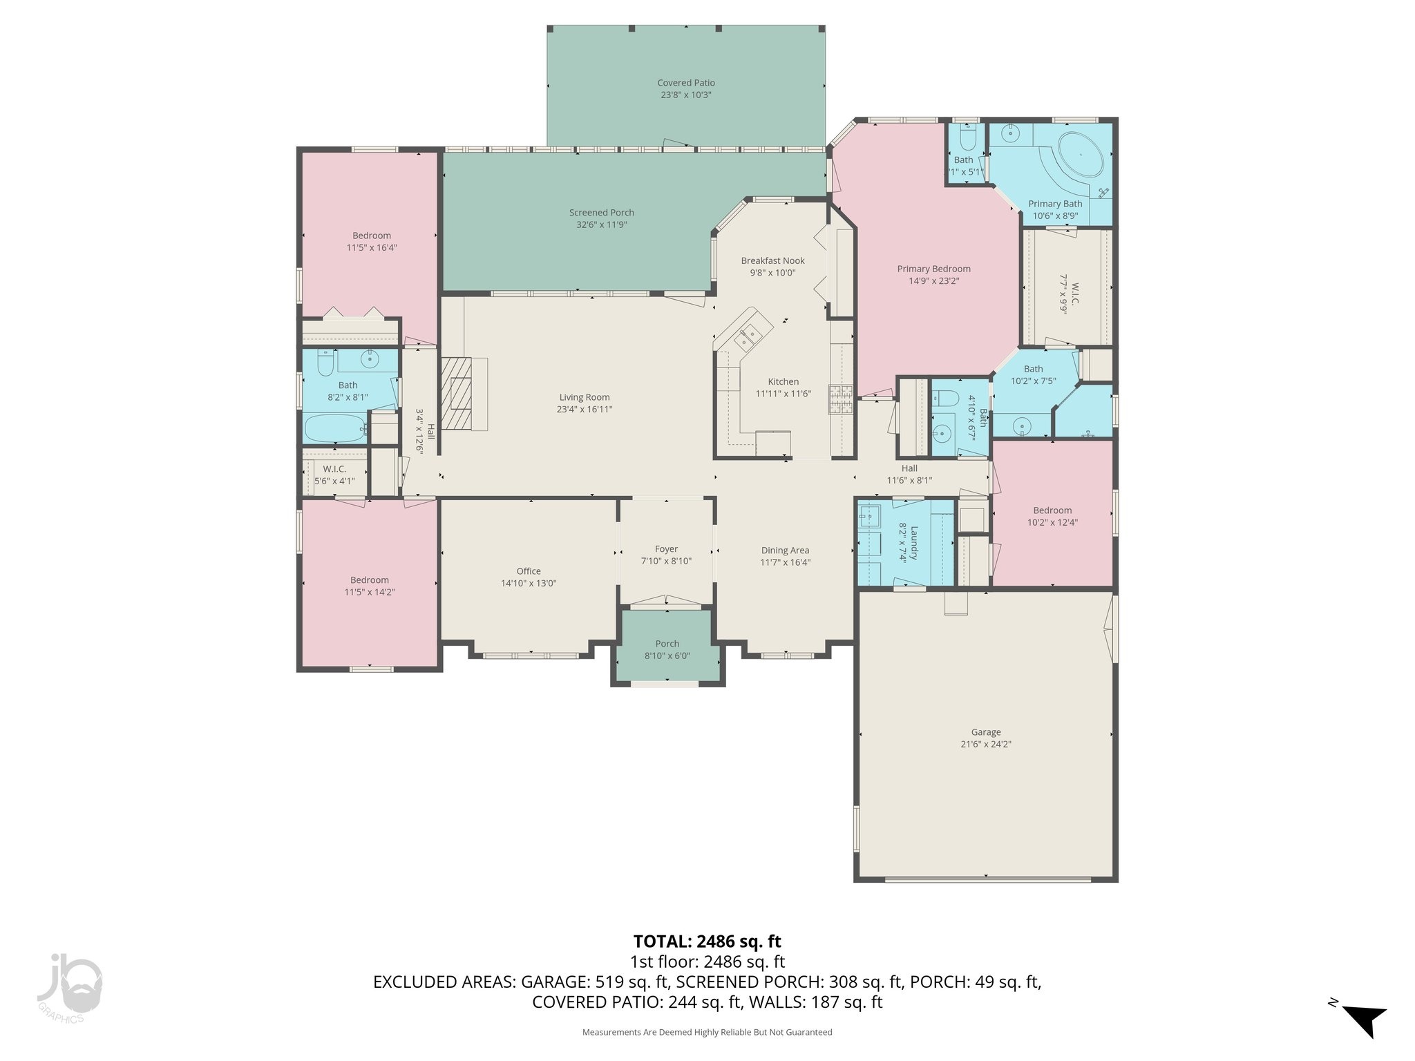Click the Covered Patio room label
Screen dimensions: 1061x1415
point(685,83)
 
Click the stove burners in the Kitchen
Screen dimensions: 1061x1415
point(842,399)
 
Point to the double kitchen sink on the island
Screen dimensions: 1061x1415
point(747,338)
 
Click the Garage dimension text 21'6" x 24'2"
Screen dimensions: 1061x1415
point(985,744)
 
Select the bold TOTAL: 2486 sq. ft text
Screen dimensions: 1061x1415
point(707,941)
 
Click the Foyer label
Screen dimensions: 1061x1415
point(666,549)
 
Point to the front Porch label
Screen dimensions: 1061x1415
point(667,644)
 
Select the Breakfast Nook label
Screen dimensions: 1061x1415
point(772,260)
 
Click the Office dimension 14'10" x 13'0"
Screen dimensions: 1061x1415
point(529,583)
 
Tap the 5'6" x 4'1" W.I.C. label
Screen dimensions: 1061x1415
point(334,469)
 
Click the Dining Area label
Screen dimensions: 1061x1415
point(785,551)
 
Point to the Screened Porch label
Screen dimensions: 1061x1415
point(601,213)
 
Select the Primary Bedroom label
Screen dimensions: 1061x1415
point(933,269)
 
